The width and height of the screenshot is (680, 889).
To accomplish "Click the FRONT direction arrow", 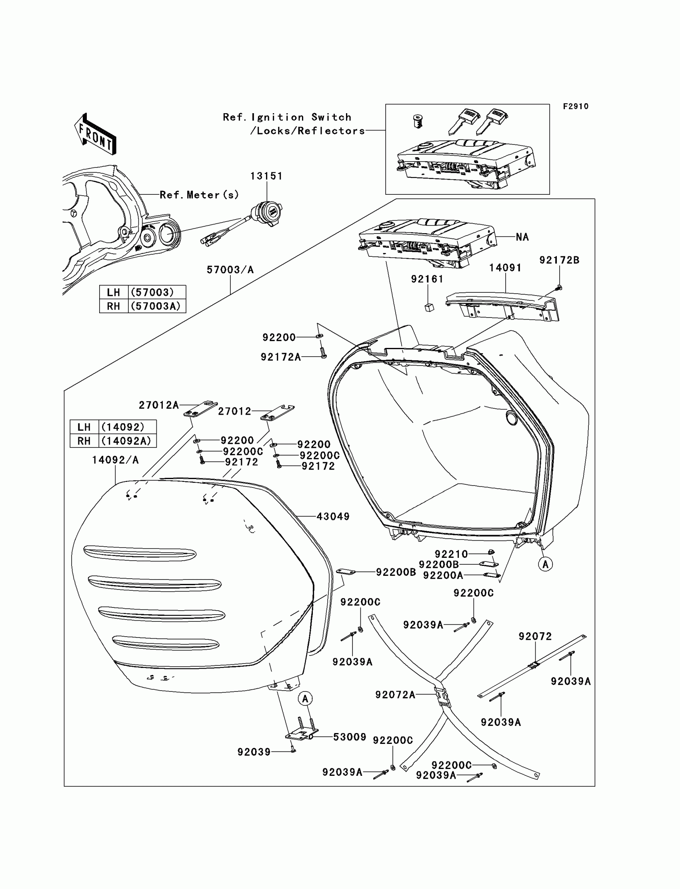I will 96,134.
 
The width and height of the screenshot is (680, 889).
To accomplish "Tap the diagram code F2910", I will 576,106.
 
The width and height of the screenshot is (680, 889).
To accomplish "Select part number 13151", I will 266,176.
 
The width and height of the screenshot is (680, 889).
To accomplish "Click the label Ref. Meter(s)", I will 199,195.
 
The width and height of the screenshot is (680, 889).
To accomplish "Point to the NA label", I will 522,237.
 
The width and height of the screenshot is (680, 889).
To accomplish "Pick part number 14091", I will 505,268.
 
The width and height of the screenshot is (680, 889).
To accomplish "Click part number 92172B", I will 559,260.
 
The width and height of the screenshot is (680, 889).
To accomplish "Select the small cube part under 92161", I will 429,308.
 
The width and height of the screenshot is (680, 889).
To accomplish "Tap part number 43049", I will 333,516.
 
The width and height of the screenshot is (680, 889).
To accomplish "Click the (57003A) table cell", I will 156,306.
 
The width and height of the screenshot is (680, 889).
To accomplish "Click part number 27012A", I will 159,405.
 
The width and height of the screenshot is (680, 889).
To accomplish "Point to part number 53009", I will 349,737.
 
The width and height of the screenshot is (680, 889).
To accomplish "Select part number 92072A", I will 395,695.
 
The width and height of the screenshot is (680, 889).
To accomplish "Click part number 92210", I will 451,553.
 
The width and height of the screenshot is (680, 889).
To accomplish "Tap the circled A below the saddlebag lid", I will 305,698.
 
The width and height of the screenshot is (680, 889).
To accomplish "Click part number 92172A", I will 280,357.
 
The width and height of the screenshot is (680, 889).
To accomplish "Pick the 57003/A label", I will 230,270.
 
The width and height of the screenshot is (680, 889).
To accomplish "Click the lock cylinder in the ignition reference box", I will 417,121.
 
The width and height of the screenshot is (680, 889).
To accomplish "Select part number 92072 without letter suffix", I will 535,637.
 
